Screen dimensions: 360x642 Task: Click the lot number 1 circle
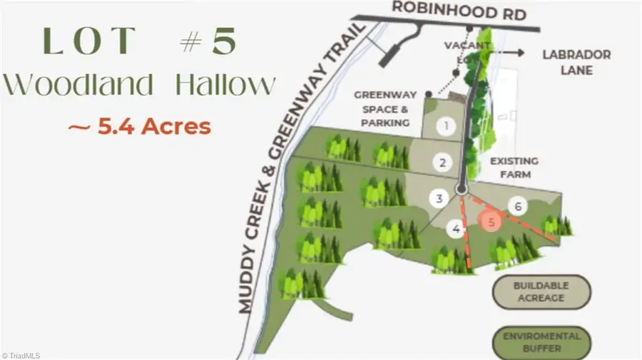coord(447,128)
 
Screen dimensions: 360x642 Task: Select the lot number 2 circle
coord(443,163)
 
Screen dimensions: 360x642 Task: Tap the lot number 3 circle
coord(440,199)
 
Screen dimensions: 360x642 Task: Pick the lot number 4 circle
coord(455,229)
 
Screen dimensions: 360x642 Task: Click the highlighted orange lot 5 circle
coord(490,221)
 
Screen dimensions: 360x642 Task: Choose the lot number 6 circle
coord(518,207)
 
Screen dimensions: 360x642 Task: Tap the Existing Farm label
coord(514,168)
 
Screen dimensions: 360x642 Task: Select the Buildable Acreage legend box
coord(540,292)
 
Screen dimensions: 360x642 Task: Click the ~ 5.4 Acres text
coord(139,126)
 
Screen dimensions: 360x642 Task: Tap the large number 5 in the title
coord(223,42)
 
